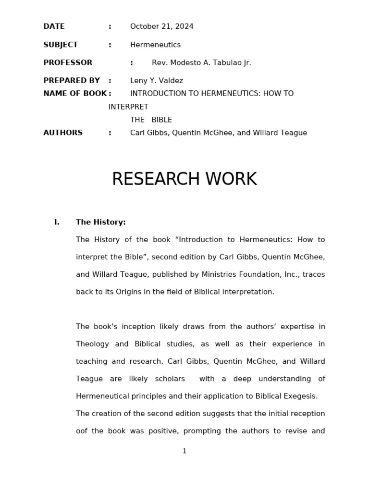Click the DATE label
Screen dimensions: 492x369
click(x=54, y=26)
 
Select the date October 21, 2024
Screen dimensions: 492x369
click(x=161, y=26)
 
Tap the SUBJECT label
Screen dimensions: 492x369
click(x=60, y=45)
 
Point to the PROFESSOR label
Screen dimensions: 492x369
click(x=68, y=62)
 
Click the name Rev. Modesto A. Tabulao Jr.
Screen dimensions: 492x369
click(x=201, y=62)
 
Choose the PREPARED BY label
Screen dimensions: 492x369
click(x=72, y=81)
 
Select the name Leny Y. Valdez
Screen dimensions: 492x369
click(x=156, y=81)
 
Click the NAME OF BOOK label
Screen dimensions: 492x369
click(x=75, y=93)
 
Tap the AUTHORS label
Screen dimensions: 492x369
click(x=63, y=133)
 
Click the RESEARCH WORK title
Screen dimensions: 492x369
click(x=184, y=179)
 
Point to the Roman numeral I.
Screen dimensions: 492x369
click(x=57, y=222)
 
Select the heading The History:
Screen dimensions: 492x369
click(x=100, y=222)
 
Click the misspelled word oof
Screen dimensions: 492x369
click(x=81, y=431)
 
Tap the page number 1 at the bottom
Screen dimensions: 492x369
click(x=184, y=451)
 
